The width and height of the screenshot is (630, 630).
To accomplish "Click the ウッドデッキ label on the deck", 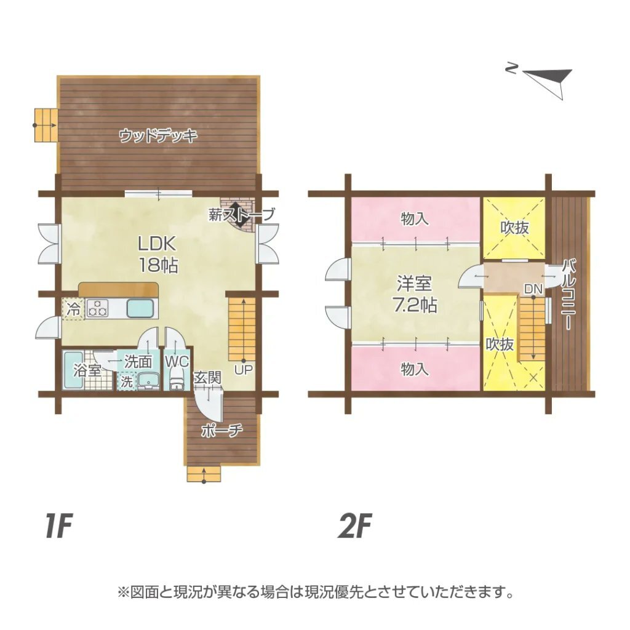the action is point(158,136).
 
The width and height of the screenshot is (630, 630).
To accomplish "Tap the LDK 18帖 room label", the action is point(158,254).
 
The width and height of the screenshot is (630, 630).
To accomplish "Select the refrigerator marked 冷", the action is point(73,309).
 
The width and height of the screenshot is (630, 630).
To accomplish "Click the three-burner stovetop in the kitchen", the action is point(97,309).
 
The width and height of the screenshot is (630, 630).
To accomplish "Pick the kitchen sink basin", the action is point(140,309).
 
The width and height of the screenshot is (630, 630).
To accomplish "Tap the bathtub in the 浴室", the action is point(74,370).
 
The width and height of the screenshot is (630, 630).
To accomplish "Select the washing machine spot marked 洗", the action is point(127,381).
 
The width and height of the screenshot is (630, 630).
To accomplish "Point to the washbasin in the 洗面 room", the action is point(149,381).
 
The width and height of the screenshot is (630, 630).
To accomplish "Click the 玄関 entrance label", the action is point(207,378).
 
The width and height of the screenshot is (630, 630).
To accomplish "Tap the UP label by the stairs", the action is point(243,370).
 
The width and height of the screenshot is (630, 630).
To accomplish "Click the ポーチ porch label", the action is point(221,431).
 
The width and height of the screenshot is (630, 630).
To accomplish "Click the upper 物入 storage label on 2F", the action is point(415,220).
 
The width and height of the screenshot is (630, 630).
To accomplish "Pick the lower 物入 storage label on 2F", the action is point(415,369).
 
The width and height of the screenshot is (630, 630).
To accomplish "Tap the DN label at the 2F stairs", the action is point(533,289).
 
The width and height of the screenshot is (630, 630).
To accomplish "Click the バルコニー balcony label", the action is point(568,295).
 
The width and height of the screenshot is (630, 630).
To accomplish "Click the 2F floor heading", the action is point(354,525).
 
